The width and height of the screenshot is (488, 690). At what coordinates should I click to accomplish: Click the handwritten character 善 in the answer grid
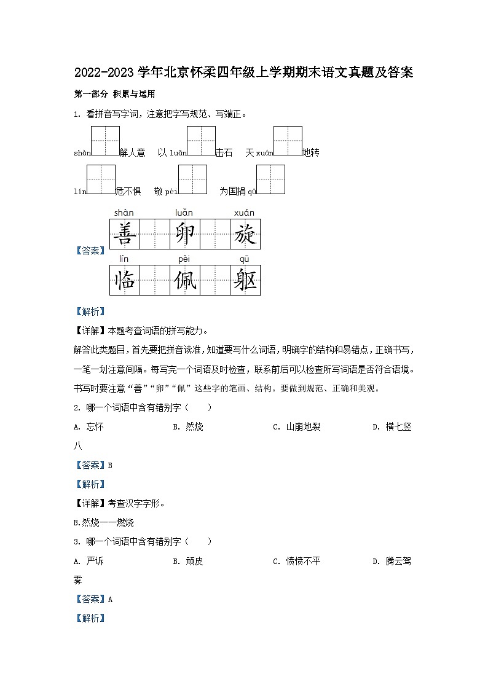click(125, 233)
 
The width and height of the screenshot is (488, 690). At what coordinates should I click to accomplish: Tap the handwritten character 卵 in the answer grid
click(184, 233)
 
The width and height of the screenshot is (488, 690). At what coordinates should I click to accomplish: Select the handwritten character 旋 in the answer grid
click(245, 233)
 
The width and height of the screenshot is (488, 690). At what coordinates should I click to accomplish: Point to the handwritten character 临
click(125, 280)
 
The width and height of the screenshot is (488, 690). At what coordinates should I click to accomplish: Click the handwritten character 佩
click(184, 280)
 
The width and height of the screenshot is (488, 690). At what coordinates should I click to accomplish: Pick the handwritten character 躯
click(245, 280)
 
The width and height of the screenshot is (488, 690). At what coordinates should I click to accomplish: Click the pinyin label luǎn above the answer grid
click(184, 213)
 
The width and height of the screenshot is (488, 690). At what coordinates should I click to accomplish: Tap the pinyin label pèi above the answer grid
click(184, 259)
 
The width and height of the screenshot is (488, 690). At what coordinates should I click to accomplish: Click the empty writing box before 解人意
click(105, 141)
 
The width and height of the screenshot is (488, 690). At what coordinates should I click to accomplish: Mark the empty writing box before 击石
click(201, 141)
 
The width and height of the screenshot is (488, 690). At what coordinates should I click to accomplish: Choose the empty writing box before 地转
click(288, 141)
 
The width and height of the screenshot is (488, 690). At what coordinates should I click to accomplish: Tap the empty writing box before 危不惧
click(101, 179)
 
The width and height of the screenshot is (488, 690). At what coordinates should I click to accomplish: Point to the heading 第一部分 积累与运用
click(114, 95)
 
